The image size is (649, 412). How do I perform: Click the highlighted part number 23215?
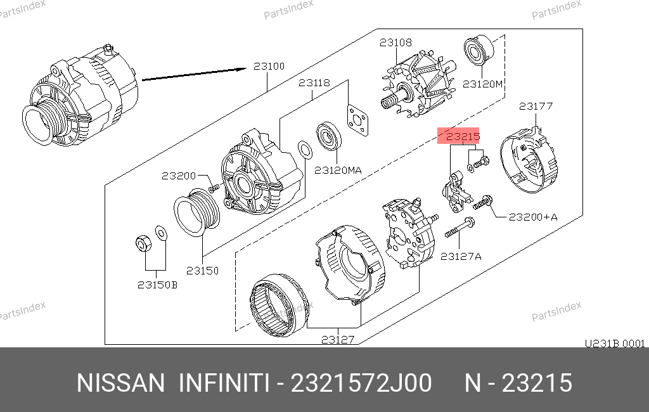[x=463, y=136]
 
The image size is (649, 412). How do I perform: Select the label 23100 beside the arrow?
[x=269, y=67]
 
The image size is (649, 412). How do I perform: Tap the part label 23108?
[x=395, y=42]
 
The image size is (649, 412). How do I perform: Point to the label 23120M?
[x=482, y=84]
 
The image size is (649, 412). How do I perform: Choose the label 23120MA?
[x=338, y=170]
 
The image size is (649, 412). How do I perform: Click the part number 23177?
[x=536, y=106]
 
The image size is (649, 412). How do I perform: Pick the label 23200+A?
[x=533, y=217]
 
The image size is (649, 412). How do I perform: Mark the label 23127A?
[x=461, y=257]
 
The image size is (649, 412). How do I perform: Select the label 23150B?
[x=157, y=285]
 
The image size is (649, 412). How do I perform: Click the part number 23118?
[x=314, y=83]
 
